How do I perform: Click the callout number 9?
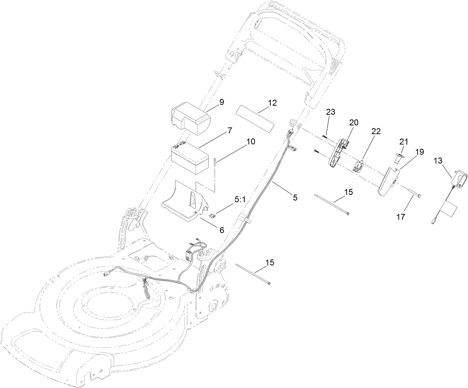click(x=221, y=102)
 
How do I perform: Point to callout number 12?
click(x=272, y=103)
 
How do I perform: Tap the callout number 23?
click(x=331, y=112)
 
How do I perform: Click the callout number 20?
click(x=353, y=123)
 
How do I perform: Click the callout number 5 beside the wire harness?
click(x=295, y=198)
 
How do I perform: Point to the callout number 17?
click(x=401, y=217)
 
